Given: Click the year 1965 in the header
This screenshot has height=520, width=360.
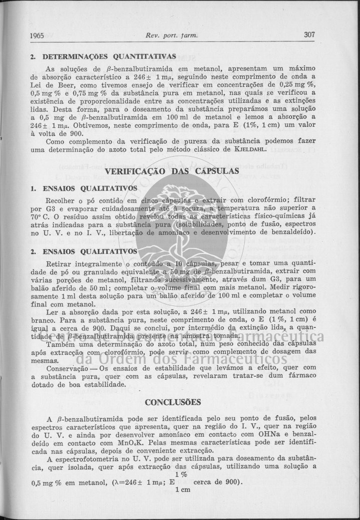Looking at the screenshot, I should pos(38,35).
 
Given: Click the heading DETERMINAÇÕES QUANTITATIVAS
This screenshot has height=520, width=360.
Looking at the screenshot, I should pos(109,56).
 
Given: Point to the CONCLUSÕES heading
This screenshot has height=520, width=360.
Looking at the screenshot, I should pos(173,402).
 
